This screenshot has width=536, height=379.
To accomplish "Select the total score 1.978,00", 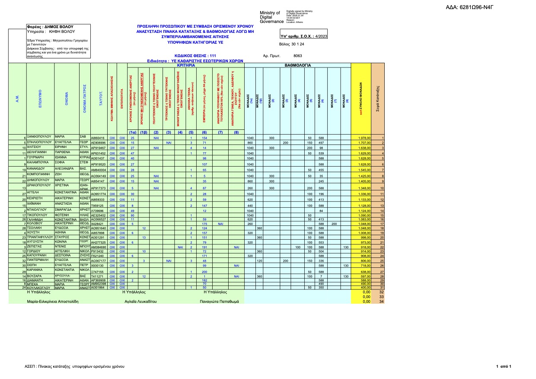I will pos(365,138).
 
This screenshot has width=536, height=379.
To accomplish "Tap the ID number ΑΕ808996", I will pos(98,142).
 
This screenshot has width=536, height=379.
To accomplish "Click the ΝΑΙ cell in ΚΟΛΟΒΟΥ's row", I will pos(220,224).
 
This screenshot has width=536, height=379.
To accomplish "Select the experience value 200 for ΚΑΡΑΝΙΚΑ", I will pos(204,271).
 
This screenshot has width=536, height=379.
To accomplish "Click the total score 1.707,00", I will pos(365,142).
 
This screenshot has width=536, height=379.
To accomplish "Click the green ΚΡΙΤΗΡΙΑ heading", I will pos(186,65).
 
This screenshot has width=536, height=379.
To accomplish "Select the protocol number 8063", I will pos(297,56).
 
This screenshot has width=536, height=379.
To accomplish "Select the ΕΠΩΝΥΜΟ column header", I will pos(40,100).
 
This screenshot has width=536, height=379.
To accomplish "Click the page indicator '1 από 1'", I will pos(504,366).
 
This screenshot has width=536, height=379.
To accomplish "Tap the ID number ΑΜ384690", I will pos(98,247).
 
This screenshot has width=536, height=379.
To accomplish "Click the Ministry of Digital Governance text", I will pos(271,17).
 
